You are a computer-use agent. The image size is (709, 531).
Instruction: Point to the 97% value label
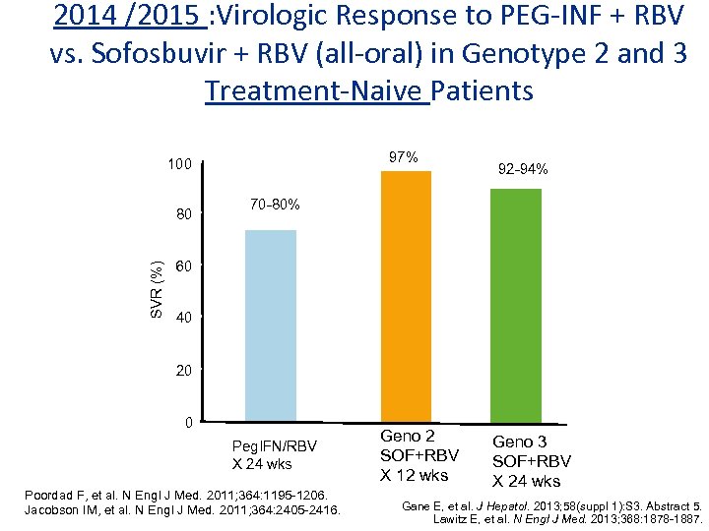pos(403,157)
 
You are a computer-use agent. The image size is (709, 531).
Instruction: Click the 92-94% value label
pos(523,169)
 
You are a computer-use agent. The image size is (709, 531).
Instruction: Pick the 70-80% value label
pos(275,206)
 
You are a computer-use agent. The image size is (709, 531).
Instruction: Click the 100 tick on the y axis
pos(178,164)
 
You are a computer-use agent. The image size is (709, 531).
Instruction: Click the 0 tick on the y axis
pos(187,423)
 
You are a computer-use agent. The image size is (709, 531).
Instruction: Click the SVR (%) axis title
pos(157,289)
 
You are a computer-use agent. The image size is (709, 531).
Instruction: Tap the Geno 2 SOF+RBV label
pos(419,455)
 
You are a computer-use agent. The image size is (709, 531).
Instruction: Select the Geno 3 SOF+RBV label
pos(532,461)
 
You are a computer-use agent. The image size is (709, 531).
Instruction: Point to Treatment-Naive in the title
pos(317,90)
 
